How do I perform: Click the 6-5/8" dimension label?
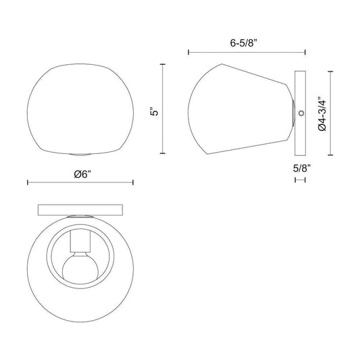pyautogui.click(x=245, y=43)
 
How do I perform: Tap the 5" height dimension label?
pyautogui.click(x=155, y=111)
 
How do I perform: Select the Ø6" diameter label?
pyautogui.click(x=82, y=174)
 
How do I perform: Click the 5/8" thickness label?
pyautogui.click(x=302, y=169)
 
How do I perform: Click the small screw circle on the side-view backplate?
pyautogui.click(x=301, y=113)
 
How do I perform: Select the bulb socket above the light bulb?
pyautogui.click(x=80, y=241)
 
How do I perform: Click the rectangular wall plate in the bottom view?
pyautogui.click(x=80, y=210)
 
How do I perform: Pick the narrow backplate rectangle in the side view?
pyautogui.click(x=300, y=113)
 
